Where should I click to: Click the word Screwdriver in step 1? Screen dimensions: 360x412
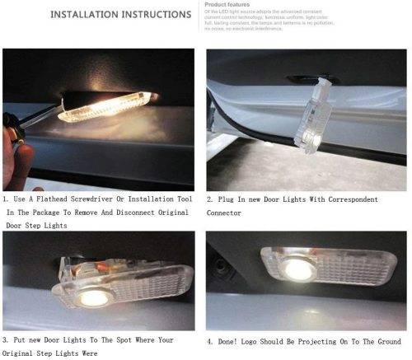[103, 199]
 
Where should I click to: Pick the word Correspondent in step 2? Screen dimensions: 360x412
[345, 199]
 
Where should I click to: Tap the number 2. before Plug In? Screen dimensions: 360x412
[212, 199]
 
